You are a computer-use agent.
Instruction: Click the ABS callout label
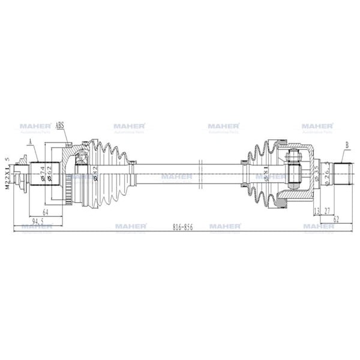pyautogui.click(x=60, y=126)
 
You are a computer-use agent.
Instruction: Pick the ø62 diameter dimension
pyautogui.click(x=50, y=175)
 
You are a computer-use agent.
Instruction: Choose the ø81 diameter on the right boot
pyautogui.click(x=266, y=175)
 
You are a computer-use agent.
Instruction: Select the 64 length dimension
pyautogui.click(x=46, y=212)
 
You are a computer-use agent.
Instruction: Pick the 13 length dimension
pyautogui.click(x=316, y=211)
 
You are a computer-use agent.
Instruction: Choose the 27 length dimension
pyautogui.click(x=327, y=211)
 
